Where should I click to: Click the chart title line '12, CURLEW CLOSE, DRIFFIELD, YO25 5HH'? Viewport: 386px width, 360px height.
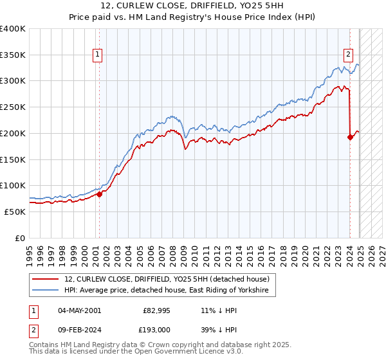pyautogui.click(x=193, y=6)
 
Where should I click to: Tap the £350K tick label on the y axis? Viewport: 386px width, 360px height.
pyautogui.click(x=13, y=55)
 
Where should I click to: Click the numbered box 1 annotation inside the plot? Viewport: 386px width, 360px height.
pyautogui.click(x=97, y=55)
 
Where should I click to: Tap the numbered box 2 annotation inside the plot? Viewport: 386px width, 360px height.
pyautogui.click(x=348, y=55)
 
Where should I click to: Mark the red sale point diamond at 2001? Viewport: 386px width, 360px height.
pyautogui.click(x=99, y=194)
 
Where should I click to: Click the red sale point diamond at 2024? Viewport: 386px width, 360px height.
pyautogui.click(x=350, y=137)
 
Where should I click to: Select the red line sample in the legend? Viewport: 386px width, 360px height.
pyautogui.click(x=46, y=279)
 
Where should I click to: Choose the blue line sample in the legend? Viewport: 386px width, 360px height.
pyautogui.click(x=46, y=291)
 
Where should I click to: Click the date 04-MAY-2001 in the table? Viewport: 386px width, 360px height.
pyautogui.click(x=79, y=310)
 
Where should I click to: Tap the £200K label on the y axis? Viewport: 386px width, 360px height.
pyautogui.click(x=13, y=134)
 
